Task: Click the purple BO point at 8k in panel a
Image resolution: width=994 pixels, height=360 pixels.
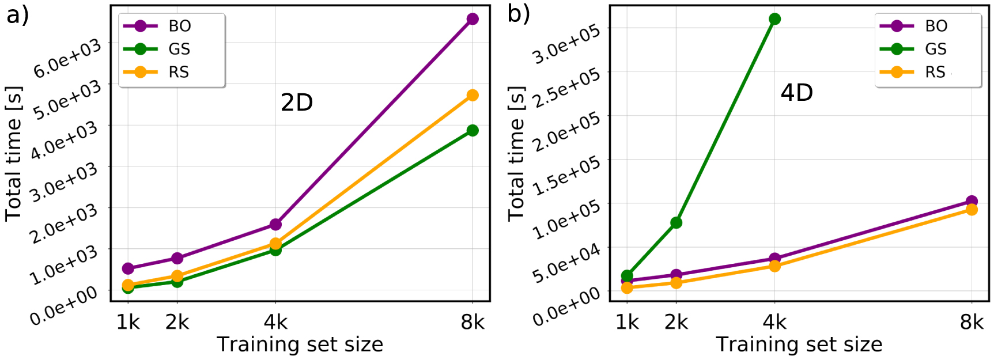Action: point(473,19)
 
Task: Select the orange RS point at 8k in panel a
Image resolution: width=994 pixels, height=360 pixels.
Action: point(473,95)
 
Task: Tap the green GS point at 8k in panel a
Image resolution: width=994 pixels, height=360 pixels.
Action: point(473,131)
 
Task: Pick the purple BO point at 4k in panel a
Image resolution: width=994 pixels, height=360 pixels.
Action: point(275,224)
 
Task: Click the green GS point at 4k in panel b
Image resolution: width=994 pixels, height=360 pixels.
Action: point(775,19)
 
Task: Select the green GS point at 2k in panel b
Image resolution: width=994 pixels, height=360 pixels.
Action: point(676,222)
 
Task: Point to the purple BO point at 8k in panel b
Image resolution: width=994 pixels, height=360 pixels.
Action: point(972,202)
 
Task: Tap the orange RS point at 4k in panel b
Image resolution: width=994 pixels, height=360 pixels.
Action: point(775,266)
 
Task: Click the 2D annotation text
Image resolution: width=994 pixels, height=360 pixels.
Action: point(297,103)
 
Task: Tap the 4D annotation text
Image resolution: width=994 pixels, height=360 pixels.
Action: point(797,92)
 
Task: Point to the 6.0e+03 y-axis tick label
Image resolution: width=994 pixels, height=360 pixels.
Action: point(67,59)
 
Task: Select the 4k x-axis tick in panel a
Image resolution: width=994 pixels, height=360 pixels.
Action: point(275,322)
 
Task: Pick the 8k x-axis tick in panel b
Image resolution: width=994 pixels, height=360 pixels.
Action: point(972,322)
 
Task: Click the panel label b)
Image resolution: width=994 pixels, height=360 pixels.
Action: point(519,14)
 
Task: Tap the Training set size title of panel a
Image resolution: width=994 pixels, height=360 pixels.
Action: point(300,344)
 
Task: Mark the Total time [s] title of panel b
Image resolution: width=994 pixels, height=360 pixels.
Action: point(516,153)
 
